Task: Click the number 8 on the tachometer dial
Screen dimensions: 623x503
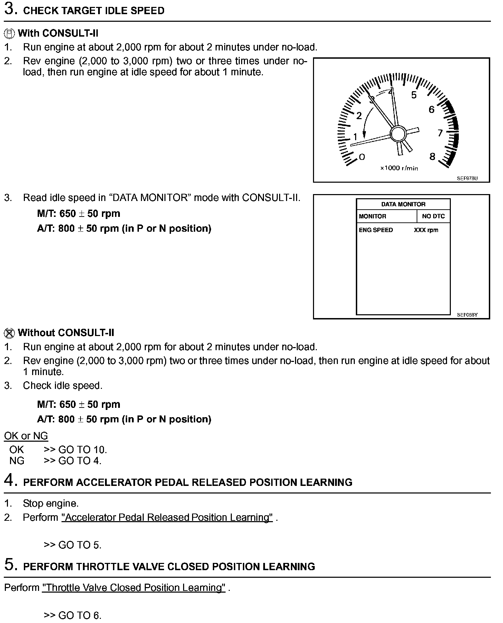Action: click(x=432, y=157)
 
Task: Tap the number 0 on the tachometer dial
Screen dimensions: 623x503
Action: click(x=362, y=157)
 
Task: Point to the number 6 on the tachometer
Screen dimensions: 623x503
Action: click(x=431, y=109)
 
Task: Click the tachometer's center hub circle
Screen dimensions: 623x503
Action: click(x=398, y=134)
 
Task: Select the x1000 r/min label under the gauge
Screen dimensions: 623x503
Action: click(x=399, y=168)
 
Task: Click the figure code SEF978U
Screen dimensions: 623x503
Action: click(x=467, y=179)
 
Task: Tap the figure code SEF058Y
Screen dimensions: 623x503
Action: click(x=467, y=315)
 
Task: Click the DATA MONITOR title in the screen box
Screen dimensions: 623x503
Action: click(x=403, y=204)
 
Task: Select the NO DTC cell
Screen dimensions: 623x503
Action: click(x=433, y=217)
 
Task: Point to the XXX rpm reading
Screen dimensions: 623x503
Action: click(x=426, y=230)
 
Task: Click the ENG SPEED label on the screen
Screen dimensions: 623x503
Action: click(x=376, y=230)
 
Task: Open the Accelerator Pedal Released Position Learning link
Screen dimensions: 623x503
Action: click(x=167, y=517)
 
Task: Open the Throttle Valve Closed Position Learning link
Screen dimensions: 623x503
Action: click(x=134, y=588)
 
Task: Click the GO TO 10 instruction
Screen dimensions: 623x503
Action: click(x=83, y=450)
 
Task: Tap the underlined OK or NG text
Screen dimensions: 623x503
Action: click(x=26, y=436)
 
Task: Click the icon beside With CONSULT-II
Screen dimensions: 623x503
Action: click(x=9, y=34)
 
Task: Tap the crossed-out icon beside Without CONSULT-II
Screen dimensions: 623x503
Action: click(x=9, y=333)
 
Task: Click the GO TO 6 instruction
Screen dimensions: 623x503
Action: click(x=80, y=615)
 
